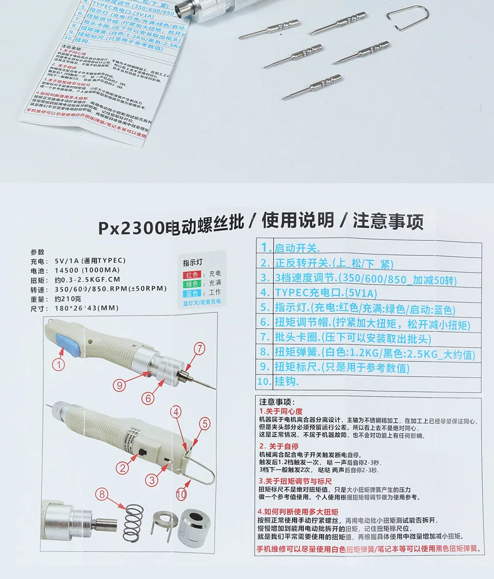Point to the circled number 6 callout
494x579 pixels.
(148, 398)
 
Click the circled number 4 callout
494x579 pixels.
(177, 411)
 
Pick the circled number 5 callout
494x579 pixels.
(204, 423)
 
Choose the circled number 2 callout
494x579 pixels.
(123, 466)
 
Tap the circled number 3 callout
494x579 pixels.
(152, 480)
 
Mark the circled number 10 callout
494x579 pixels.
(181, 493)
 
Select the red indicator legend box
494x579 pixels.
(191, 274)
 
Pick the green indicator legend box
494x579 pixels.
(191, 284)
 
